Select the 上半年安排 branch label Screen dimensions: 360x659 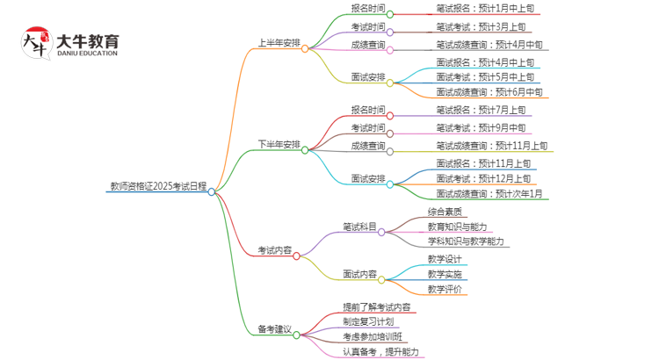pyautogui.click(x=279, y=42)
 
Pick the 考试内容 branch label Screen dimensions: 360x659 pyautogui.click(x=274, y=250)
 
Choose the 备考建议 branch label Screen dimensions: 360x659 pyautogui.click(x=274, y=329)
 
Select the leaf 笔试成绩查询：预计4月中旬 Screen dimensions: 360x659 pyautogui.click(x=489, y=44)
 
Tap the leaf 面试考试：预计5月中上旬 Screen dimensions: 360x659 pyautogui.click(x=485, y=76)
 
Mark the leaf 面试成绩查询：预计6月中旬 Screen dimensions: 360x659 pyautogui.click(x=489, y=91)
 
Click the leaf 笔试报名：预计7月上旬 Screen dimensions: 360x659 pyautogui.click(x=482, y=110)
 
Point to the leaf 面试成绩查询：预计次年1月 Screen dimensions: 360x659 pyautogui.click(x=489, y=194)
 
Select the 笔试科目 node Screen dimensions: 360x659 pyautogui.click(x=359, y=227)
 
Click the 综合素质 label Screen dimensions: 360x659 pyautogui.click(x=445, y=212)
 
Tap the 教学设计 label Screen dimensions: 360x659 pyautogui.click(x=445, y=259)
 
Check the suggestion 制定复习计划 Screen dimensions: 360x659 pyautogui.click(x=368, y=322)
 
